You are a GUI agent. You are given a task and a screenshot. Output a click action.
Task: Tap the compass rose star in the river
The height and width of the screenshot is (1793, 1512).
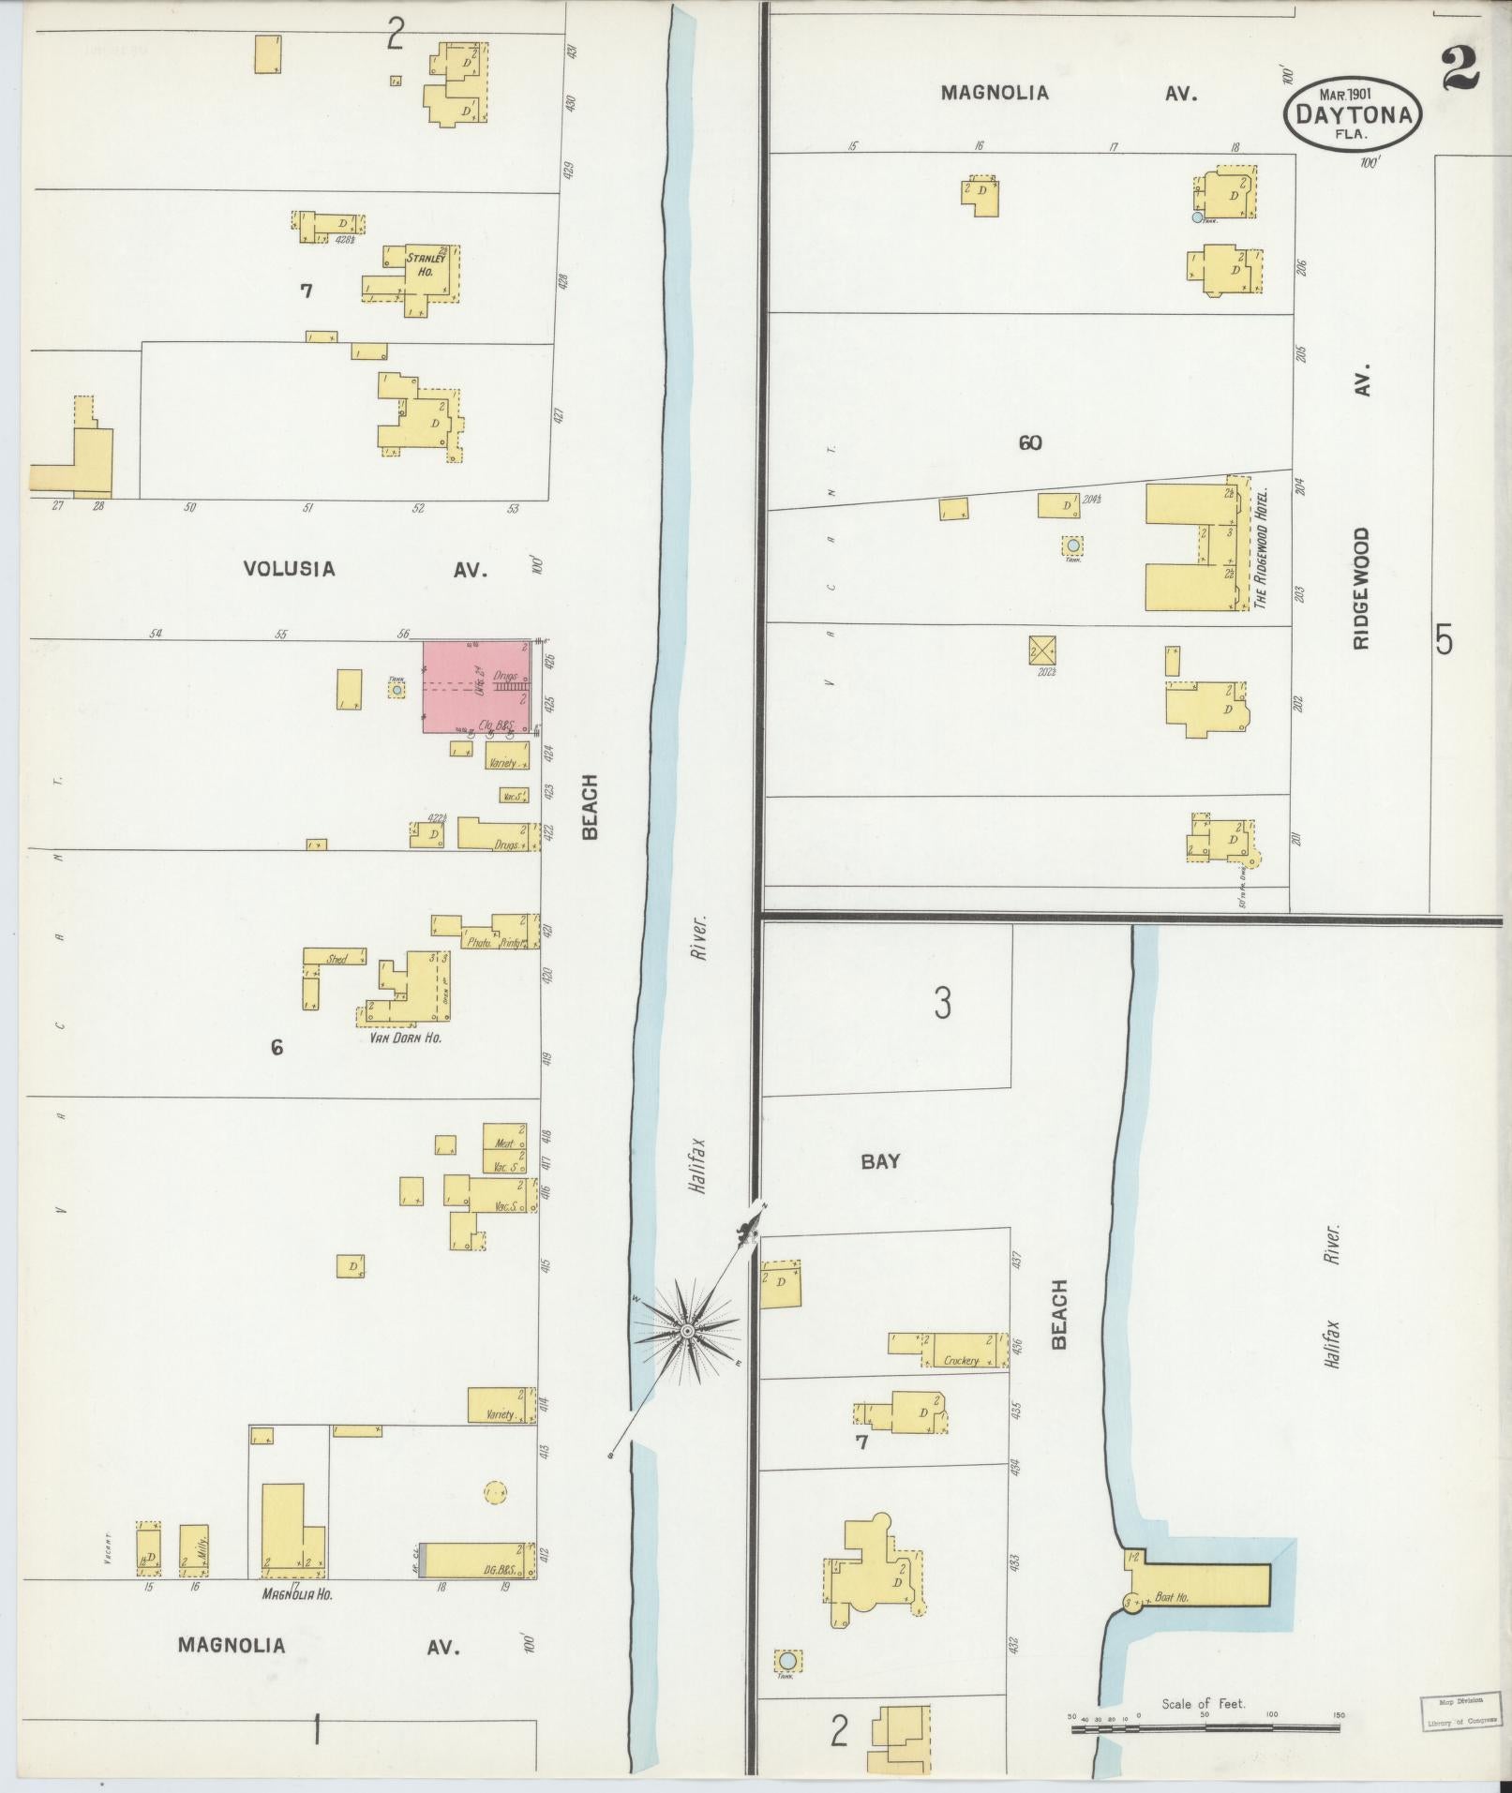pos(687,1330)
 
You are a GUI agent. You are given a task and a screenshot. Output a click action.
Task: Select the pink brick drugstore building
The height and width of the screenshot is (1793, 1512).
pos(476,686)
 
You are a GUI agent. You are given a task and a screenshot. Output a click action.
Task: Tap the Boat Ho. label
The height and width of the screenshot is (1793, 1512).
pos(1172,1597)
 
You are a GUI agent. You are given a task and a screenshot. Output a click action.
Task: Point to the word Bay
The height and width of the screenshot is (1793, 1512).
pos(880,1161)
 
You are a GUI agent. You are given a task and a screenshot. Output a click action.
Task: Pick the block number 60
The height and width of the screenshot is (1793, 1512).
pos(1030,442)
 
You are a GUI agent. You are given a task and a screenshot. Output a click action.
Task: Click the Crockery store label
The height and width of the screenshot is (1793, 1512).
pos(962,1360)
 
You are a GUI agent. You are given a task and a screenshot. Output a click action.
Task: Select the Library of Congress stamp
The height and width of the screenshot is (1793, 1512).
pos(1456,1711)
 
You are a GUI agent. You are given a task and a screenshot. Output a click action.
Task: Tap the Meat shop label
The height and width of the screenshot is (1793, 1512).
pos(504,1143)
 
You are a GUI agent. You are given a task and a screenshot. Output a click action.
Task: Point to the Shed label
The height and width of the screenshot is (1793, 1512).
pos(337,959)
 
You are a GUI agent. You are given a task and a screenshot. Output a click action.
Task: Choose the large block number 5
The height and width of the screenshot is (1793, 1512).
pos(1445,641)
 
